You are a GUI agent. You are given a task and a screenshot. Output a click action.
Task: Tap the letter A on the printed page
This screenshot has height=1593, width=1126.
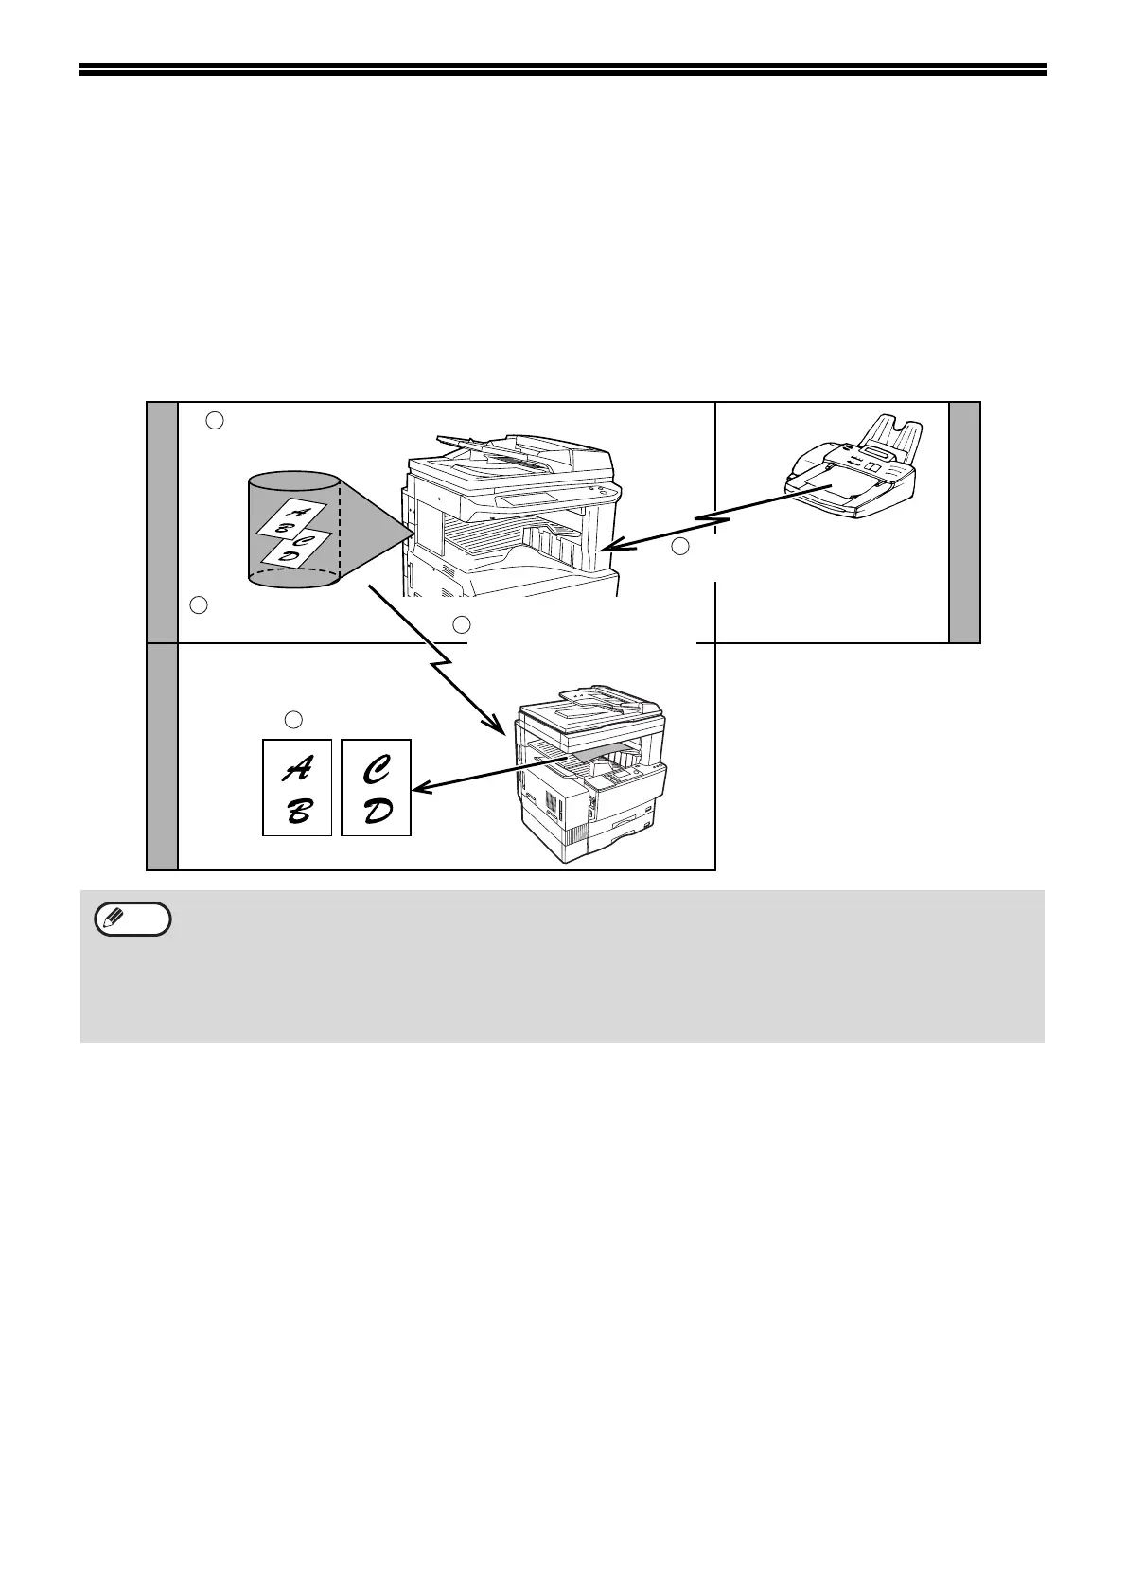pos(297,771)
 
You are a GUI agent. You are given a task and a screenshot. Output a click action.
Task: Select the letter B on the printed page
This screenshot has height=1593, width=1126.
pos(297,811)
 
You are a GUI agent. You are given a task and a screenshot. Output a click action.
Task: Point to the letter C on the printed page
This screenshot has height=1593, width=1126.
pos(377,771)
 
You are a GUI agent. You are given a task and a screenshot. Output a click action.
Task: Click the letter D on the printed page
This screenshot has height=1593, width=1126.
pos(377,811)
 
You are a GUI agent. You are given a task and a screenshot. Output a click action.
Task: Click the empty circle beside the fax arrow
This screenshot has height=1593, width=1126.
pos(679,546)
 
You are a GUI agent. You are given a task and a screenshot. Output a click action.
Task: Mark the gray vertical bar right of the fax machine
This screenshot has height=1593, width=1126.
pos(964,522)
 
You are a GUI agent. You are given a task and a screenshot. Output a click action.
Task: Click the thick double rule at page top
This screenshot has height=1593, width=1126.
pos(563,69)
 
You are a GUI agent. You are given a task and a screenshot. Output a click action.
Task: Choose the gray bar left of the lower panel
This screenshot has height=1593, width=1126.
pos(162,756)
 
